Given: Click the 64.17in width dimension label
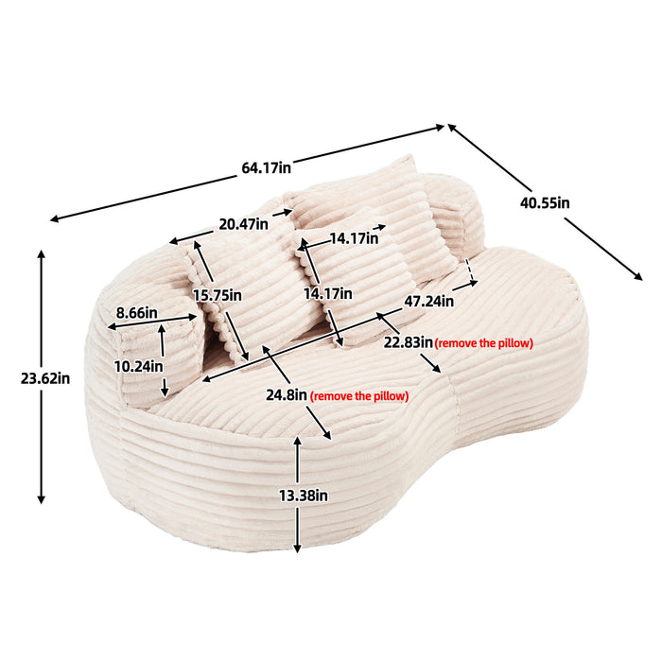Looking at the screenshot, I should pos(266,167).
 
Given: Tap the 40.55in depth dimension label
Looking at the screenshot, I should pos(545,201).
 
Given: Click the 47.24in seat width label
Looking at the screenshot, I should pos(427,303).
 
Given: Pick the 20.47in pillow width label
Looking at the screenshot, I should pos(243,224).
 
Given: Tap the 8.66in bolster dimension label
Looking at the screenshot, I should pos(136,312).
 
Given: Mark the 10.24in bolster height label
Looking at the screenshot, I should pos(138,366).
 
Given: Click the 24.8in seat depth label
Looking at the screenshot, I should pos(286,395).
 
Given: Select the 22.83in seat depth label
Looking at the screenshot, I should pos(407,342).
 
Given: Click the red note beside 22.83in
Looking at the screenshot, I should pos(483,343).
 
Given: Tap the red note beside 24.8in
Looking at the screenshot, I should pos(359,396).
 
